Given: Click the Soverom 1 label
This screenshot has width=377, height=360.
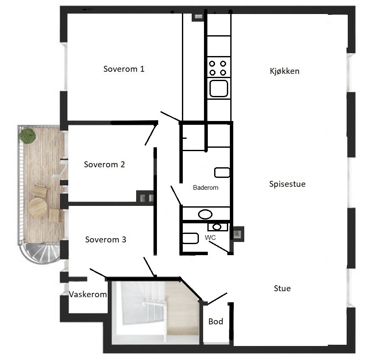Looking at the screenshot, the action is click(124, 69).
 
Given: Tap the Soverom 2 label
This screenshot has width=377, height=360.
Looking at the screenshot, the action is click(104, 165).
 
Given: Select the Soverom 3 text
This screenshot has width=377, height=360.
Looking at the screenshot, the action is click(106, 240).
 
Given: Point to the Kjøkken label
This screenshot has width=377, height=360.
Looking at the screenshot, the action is click(285, 71).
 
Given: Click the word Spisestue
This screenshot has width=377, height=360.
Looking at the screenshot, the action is click(288, 184).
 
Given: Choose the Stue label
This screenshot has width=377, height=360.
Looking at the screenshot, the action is click(282, 288).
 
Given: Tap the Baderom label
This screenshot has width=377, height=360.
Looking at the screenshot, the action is click(206, 188).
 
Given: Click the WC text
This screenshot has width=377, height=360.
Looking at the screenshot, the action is click(210, 238).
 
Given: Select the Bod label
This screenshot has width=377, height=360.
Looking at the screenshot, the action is click(216, 321).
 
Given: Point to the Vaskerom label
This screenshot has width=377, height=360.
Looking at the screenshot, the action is click(88, 294).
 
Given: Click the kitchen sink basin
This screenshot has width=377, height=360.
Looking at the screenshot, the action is click(218, 88).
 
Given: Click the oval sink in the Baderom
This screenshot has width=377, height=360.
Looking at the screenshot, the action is click(205, 214).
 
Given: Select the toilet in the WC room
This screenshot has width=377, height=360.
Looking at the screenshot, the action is click(190, 238).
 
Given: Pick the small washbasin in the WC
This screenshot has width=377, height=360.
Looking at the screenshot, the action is click(218, 227).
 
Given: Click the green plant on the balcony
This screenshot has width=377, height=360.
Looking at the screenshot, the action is click(28, 136).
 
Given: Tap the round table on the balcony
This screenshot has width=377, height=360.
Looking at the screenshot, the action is click(37, 207).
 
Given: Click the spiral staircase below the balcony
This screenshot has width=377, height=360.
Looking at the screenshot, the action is click(40, 253).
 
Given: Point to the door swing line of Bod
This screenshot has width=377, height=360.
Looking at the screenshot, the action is click(217, 298).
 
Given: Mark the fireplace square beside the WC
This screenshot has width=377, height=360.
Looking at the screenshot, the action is click(237, 233).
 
